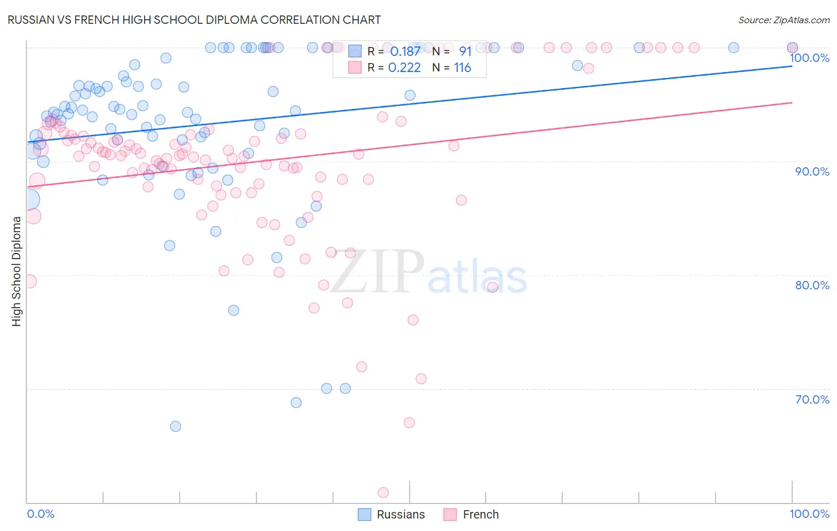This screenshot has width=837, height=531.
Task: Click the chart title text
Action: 194,20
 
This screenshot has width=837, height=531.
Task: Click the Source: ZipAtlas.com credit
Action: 783,20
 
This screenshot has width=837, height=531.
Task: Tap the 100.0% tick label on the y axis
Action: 809,58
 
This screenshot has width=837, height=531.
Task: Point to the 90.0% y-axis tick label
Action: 812,171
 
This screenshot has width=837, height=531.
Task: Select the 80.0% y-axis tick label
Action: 812,285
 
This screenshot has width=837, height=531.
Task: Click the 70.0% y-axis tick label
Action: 812,399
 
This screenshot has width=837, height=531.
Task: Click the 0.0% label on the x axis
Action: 41,514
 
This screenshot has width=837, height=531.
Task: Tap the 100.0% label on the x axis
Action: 809,514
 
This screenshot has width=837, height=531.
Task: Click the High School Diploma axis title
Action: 17,271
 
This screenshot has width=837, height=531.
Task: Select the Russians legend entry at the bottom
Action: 401,514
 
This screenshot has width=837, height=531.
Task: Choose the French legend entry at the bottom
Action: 480,514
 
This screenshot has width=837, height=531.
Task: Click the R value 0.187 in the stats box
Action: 405,52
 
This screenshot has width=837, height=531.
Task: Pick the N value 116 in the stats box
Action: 463,68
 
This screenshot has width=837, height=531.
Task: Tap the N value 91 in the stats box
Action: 465,52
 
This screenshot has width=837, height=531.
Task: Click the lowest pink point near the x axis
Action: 383,492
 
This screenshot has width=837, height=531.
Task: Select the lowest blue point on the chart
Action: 176,426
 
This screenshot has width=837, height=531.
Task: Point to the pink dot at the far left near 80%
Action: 30,282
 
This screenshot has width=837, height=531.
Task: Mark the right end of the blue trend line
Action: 792,66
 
